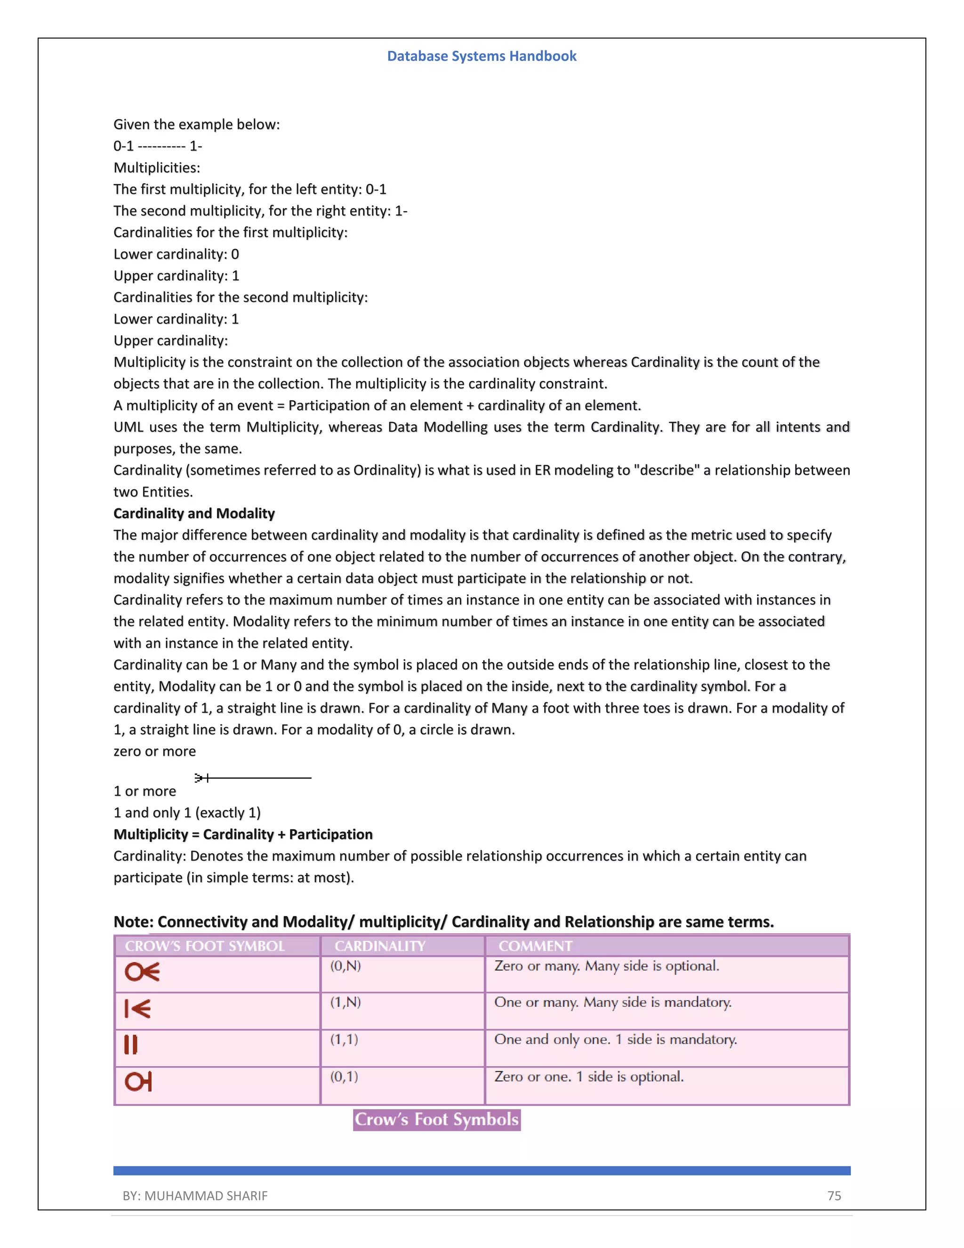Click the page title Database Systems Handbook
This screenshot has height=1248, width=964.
point(482,56)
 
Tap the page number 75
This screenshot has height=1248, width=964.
point(834,1195)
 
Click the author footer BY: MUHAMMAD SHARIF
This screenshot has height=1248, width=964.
point(195,1195)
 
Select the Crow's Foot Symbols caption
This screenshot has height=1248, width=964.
point(436,1119)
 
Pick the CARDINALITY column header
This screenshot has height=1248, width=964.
point(380,946)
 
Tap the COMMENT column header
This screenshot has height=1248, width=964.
point(535,946)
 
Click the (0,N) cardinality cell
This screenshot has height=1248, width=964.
point(345,966)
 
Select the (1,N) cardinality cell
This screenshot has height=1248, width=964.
point(345,1002)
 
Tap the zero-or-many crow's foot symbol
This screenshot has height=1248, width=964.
point(142,972)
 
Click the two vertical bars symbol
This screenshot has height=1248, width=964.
point(131,1045)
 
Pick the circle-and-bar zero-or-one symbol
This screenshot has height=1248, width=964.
point(138,1081)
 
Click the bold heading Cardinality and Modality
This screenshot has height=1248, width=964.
point(194,513)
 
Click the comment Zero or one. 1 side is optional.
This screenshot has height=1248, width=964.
point(589,1077)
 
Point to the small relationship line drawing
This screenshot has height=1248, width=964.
point(252,778)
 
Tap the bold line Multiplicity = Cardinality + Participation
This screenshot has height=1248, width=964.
point(243,835)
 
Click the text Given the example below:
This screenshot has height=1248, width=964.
point(196,125)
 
